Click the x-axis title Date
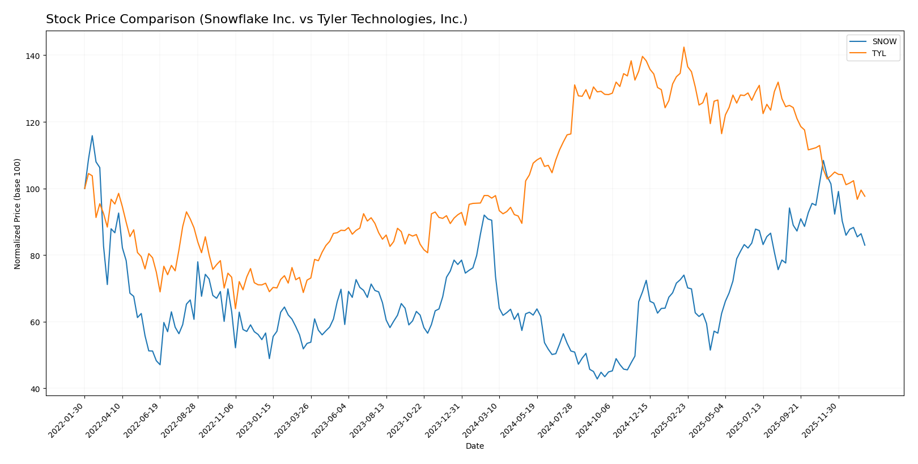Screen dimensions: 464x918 [x=474, y=446]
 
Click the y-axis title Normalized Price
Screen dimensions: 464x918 [x=18, y=214]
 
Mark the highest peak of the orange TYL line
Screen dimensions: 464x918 [x=684, y=47]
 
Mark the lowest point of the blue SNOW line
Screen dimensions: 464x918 [x=597, y=378]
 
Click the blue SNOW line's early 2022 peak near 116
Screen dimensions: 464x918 [x=92, y=135]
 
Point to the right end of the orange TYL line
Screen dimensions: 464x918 [x=865, y=197]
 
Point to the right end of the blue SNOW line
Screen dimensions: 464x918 [x=865, y=245]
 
